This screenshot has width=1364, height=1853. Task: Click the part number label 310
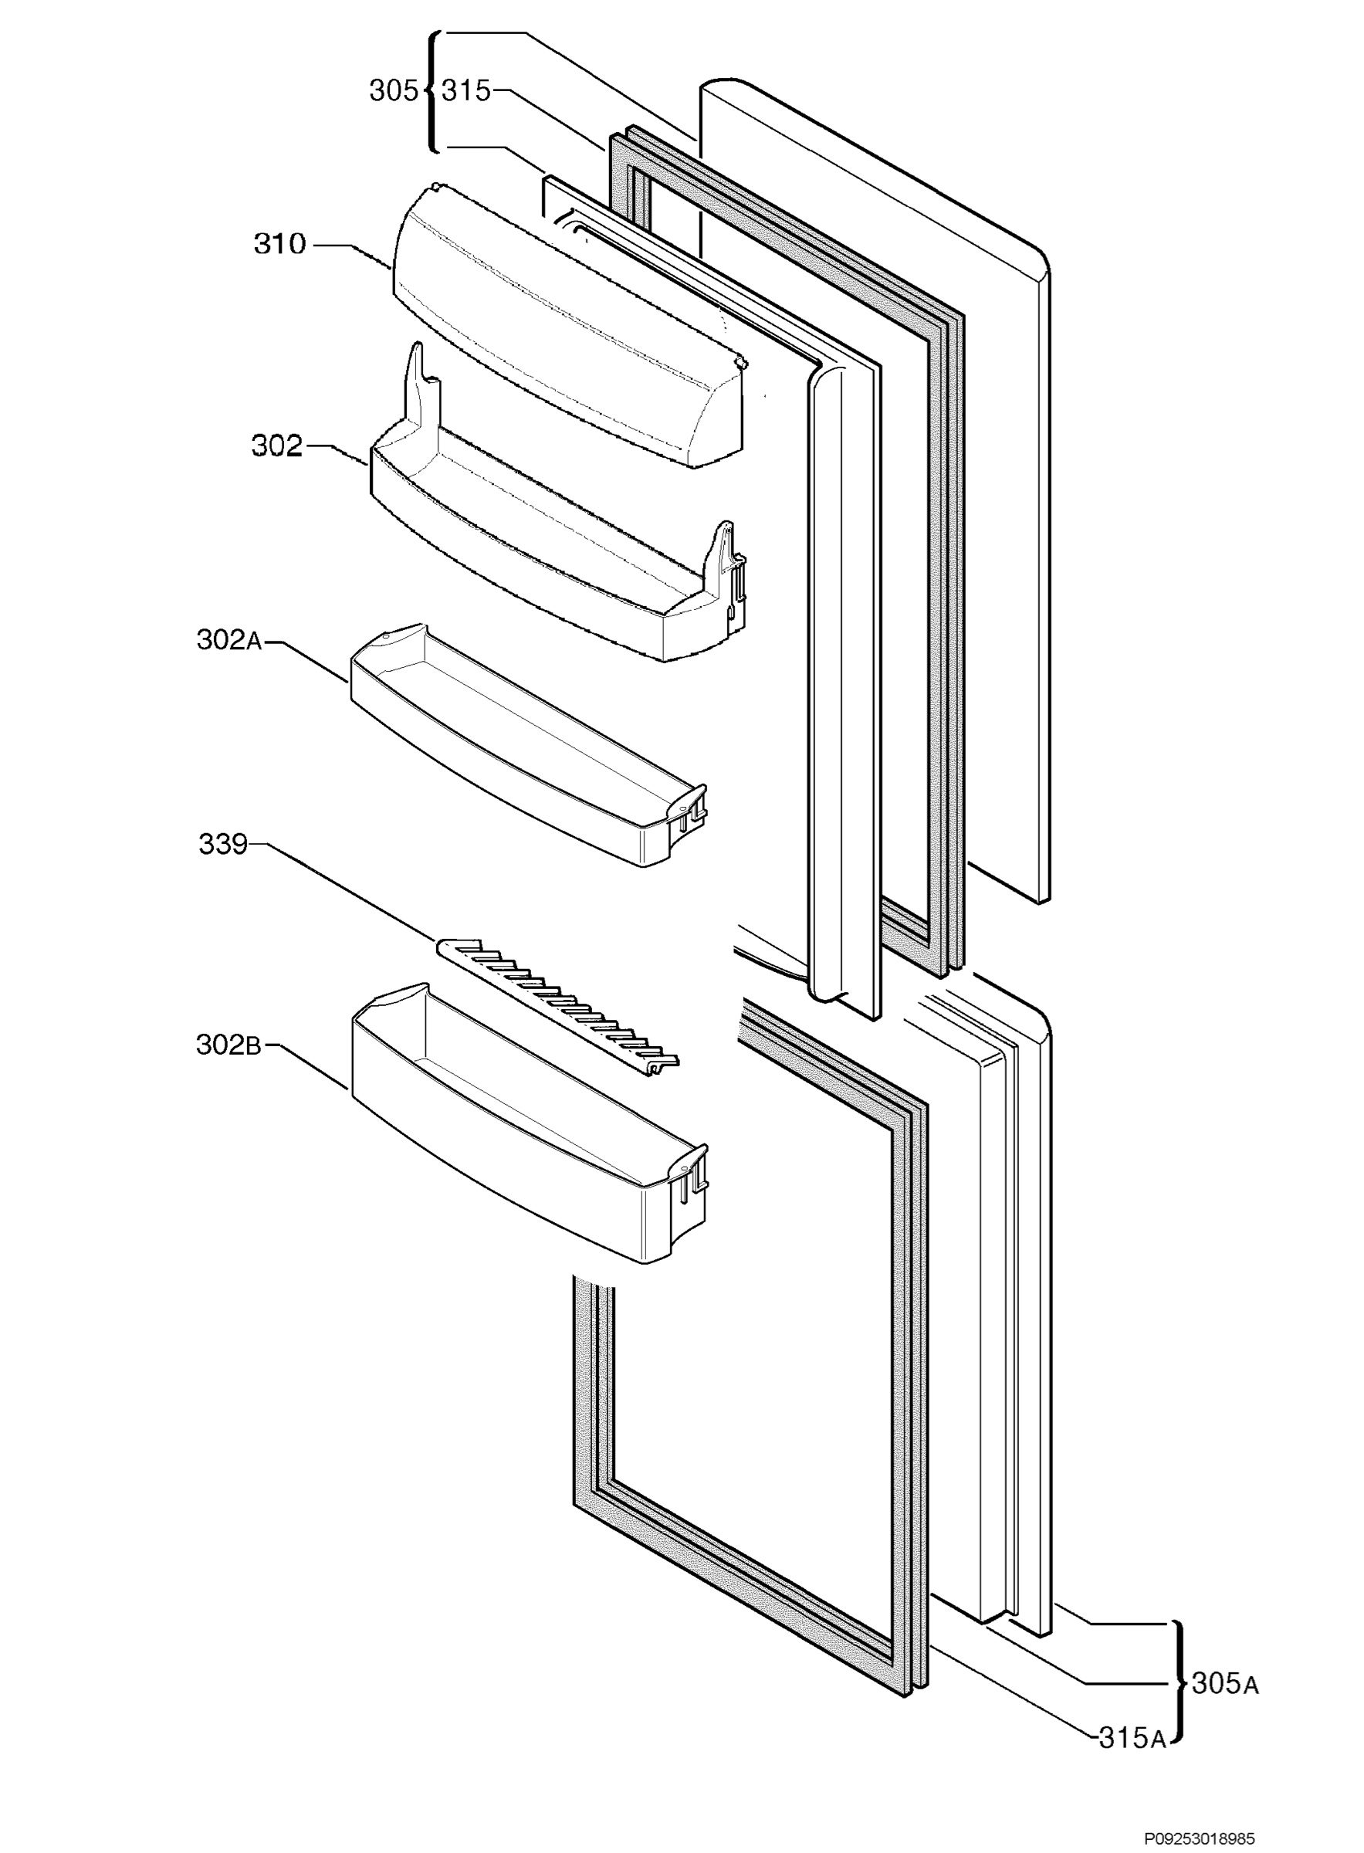tap(280, 244)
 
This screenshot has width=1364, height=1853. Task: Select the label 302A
tap(229, 640)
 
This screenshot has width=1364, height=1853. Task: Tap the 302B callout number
tap(228, 1045)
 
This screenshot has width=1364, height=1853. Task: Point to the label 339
tap(223, 844)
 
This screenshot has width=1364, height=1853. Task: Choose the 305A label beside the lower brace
tap(1225, 1683)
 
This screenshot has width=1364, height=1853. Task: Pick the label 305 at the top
tap(394, 91)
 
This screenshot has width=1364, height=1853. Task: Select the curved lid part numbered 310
tap(570, 326)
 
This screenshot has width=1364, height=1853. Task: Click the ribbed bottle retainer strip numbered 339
tap(558, 1007)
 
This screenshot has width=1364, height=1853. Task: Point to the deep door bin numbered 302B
tap(529, 1123)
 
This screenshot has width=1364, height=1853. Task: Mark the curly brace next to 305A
tap(1179, 1683)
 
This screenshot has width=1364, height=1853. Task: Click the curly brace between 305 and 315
tap(431, 91)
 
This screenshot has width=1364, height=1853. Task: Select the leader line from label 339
tap(342, 891)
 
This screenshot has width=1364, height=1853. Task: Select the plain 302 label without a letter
tap(277, 446)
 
